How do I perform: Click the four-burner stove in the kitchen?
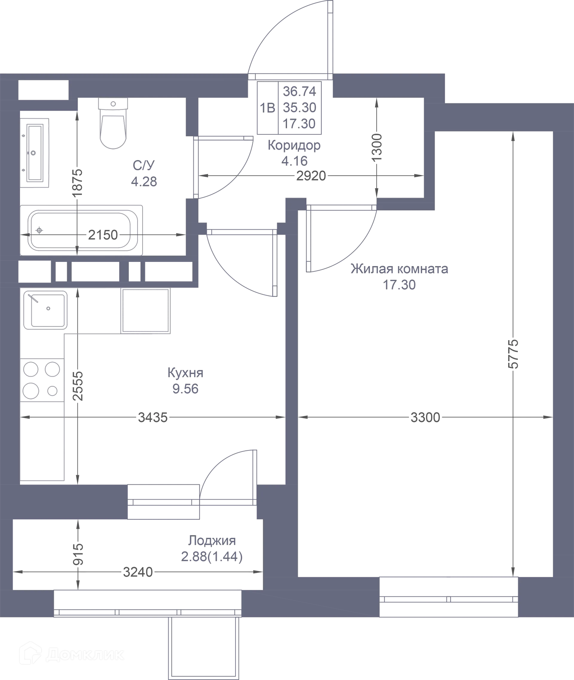click(x=42, y=380)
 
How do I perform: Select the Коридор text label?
click(x=294, y=145)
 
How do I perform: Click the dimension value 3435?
click(x=152, y=417)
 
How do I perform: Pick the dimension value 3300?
click(x=425, y=417)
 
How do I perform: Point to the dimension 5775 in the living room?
click(x=513, y=354)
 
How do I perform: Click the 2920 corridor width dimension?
click(x=311, y=176)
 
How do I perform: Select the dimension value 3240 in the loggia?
click(x=137, y=572)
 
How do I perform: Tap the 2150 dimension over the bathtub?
click(x=103, y=235)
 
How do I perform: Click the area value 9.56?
click(x=185, y=389)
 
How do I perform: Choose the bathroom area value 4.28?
click(x=143, y=181)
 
